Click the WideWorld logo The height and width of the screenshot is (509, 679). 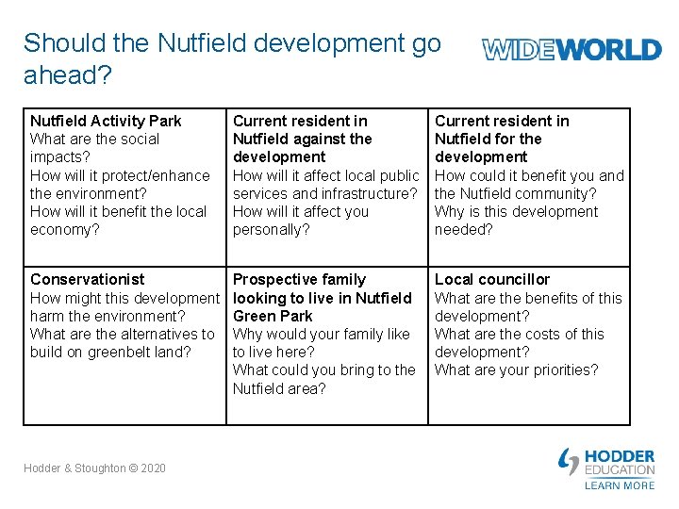point(571,49)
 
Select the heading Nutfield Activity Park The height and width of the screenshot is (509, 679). point(106,121)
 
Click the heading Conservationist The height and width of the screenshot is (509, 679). point(88,279)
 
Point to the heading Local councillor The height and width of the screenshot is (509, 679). point(491,279)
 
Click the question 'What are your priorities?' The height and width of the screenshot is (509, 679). point(516,369)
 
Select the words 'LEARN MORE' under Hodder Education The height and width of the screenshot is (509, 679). point(619,485)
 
